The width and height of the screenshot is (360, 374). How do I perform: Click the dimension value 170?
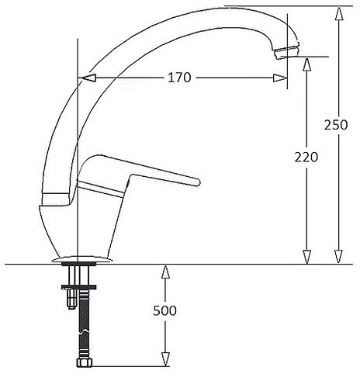(179, 78)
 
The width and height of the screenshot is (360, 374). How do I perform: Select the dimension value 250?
(336, 125)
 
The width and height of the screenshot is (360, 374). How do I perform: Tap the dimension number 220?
(306, 157)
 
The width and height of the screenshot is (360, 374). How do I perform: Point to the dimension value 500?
(164, 310)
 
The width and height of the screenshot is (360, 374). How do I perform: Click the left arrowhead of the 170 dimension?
(88, 78)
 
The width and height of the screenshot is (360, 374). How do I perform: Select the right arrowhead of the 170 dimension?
(280, 78)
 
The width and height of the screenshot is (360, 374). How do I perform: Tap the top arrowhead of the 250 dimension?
(338, 14)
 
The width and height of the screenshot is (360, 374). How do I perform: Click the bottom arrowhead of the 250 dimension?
(338, 257)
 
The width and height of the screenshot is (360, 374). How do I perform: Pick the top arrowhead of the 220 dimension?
(306, 64)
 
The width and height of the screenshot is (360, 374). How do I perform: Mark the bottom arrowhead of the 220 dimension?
(306, 257)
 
